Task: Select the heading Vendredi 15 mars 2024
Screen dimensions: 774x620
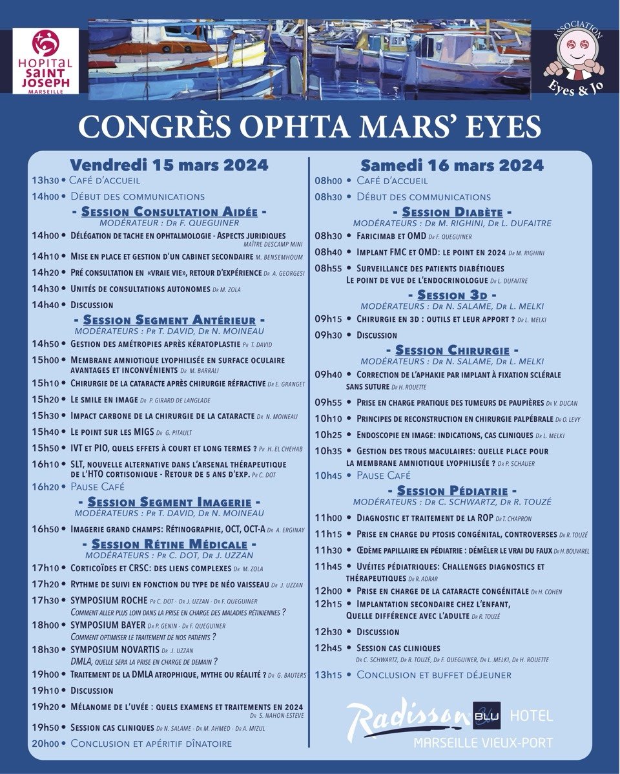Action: (169, 165)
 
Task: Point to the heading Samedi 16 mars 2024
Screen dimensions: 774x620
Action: (451, 165)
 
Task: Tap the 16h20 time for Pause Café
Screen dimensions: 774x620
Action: (45, 486)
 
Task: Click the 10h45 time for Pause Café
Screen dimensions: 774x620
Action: (327, 476)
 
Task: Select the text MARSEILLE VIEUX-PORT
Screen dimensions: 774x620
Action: (483, 742)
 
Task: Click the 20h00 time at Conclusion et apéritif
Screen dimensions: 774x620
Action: (45, 743)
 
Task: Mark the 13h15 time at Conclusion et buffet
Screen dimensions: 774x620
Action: (327, 675)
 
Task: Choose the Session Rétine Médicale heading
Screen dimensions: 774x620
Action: (169, 545)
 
